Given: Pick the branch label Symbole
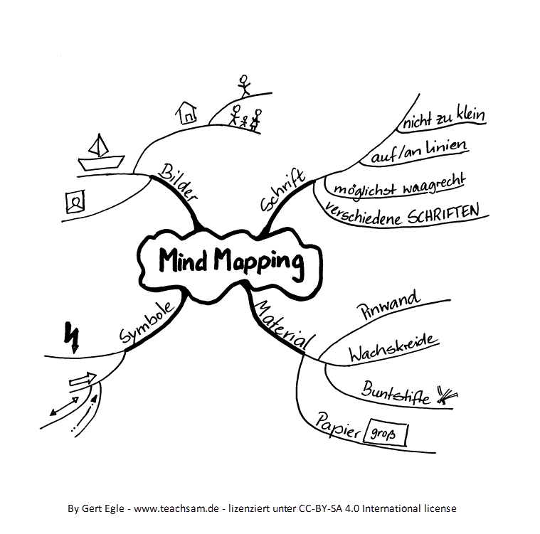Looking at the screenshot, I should tap(147, 324).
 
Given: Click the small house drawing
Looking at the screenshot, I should tap(186, 111).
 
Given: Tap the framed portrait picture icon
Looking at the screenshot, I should tap(74, 203).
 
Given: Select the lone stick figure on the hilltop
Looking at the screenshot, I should tap(245, 85).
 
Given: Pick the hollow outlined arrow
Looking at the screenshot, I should tap(84, 380).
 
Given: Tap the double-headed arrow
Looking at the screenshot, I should tap(65, 406).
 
